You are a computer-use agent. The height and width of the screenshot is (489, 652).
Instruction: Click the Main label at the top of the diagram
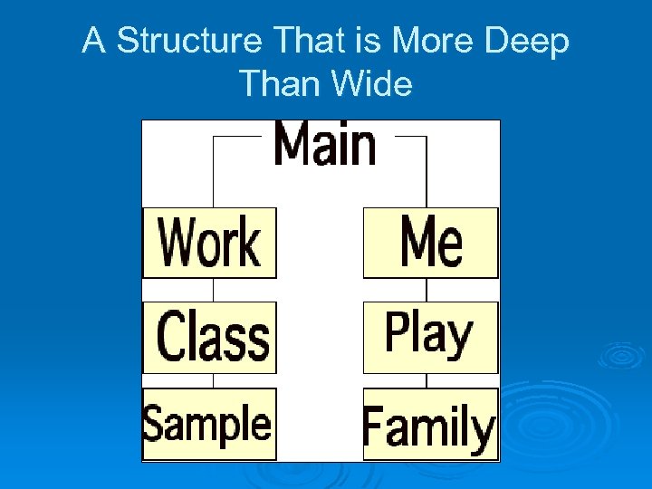tap(324, 145)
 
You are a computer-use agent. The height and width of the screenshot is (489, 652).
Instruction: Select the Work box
tap(209, 242)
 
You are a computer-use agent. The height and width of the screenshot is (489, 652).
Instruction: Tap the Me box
tap(430, 242)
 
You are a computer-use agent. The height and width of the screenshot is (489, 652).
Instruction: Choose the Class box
tap(209, 337)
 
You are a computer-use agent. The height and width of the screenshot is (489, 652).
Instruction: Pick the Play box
tap(430, 335)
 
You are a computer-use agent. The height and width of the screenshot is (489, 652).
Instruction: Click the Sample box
tap(209, 424)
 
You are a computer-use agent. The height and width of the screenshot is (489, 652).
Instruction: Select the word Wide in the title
tap(372, 83)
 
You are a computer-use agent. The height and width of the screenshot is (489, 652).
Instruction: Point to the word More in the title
tap(446, 42)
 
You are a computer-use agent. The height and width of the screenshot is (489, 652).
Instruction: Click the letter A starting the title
tap(94, 42)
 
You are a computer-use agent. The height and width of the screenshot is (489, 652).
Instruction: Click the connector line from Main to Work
tap(213, 172)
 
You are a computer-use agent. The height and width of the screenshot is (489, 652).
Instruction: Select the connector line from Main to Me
tap(425, 172)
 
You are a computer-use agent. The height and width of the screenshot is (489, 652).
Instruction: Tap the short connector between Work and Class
tap(213, 290)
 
